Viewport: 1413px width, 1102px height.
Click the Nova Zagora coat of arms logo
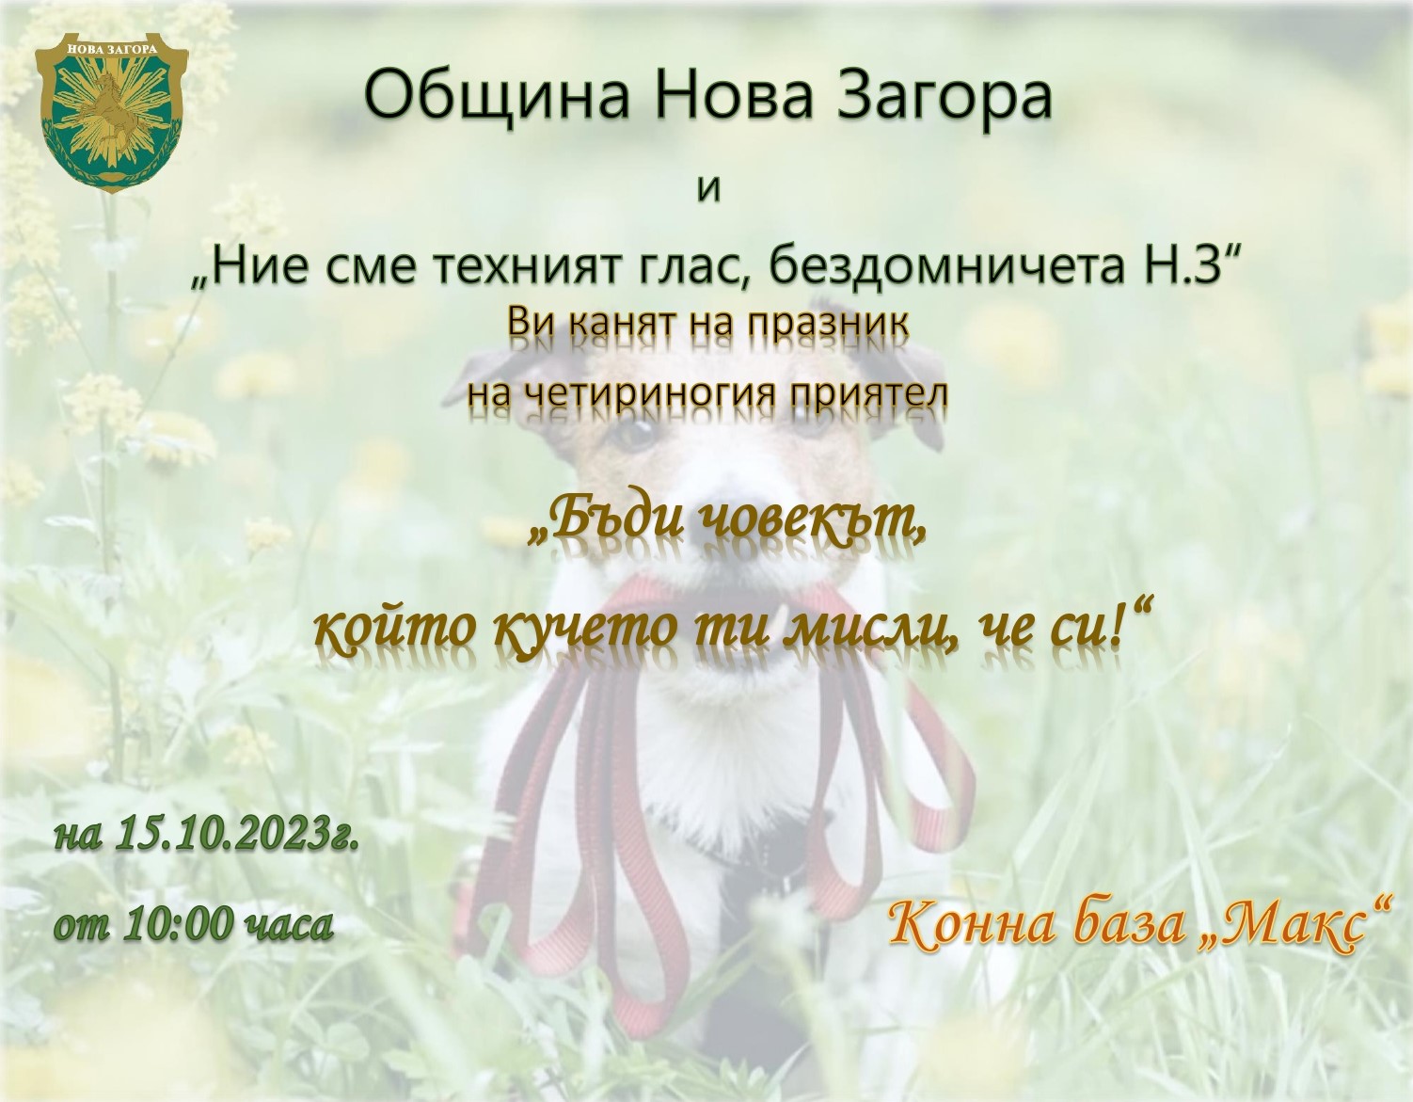[111, 112]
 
